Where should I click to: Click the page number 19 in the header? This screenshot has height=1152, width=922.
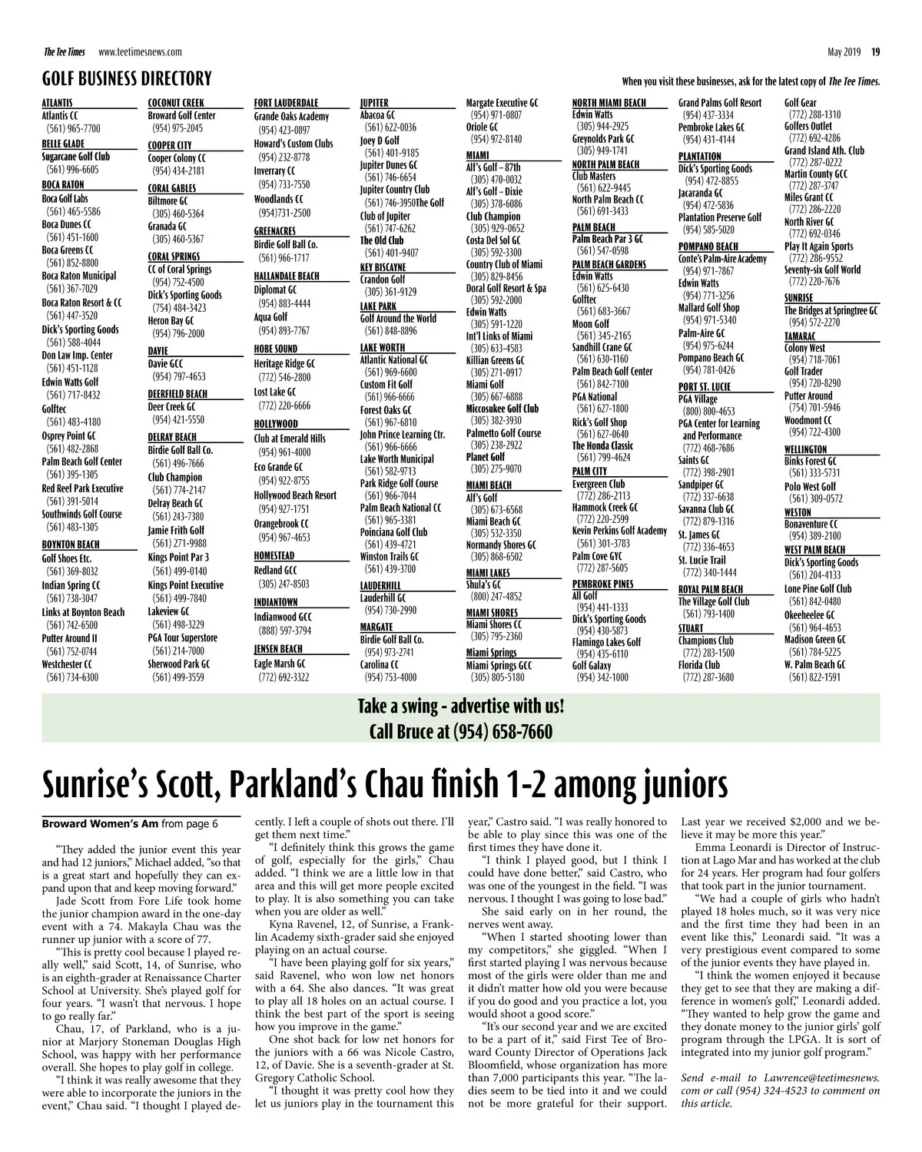click(x=875, y=52)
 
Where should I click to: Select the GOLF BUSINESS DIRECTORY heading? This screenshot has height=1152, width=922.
click(x=127, y=78)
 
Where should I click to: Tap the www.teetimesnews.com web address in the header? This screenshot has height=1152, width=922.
click(x=140, y=52)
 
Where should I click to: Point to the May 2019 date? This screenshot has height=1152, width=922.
click(x=844, y=52)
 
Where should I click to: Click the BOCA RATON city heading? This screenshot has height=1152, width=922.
click(x=63, y=184)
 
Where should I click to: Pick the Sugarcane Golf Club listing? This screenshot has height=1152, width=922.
click(x=75, y=157)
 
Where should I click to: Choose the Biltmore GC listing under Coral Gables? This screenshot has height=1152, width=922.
click(x=167, y=201)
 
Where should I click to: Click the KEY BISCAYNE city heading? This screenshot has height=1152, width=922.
click(x=383, y=267)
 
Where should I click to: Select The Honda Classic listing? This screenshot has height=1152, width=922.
click(x=602, y=445)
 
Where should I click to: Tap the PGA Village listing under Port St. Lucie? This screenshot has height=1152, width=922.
click(x=698, y=399)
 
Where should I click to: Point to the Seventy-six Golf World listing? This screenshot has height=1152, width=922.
click(x=822, y=270)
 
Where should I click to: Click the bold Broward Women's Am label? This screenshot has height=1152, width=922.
click(x=100, y=824)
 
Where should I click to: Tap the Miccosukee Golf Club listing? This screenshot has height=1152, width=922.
click(x=502, y=409)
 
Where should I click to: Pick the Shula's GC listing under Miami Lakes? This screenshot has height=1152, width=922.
click(x=485, y=584)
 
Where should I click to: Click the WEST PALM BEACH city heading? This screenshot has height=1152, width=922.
click(x=814, y=549)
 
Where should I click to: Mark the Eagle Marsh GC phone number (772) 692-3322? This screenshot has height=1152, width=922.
click(x=284, y=677)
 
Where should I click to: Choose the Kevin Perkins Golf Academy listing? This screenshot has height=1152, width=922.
click(x=619, y=531)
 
